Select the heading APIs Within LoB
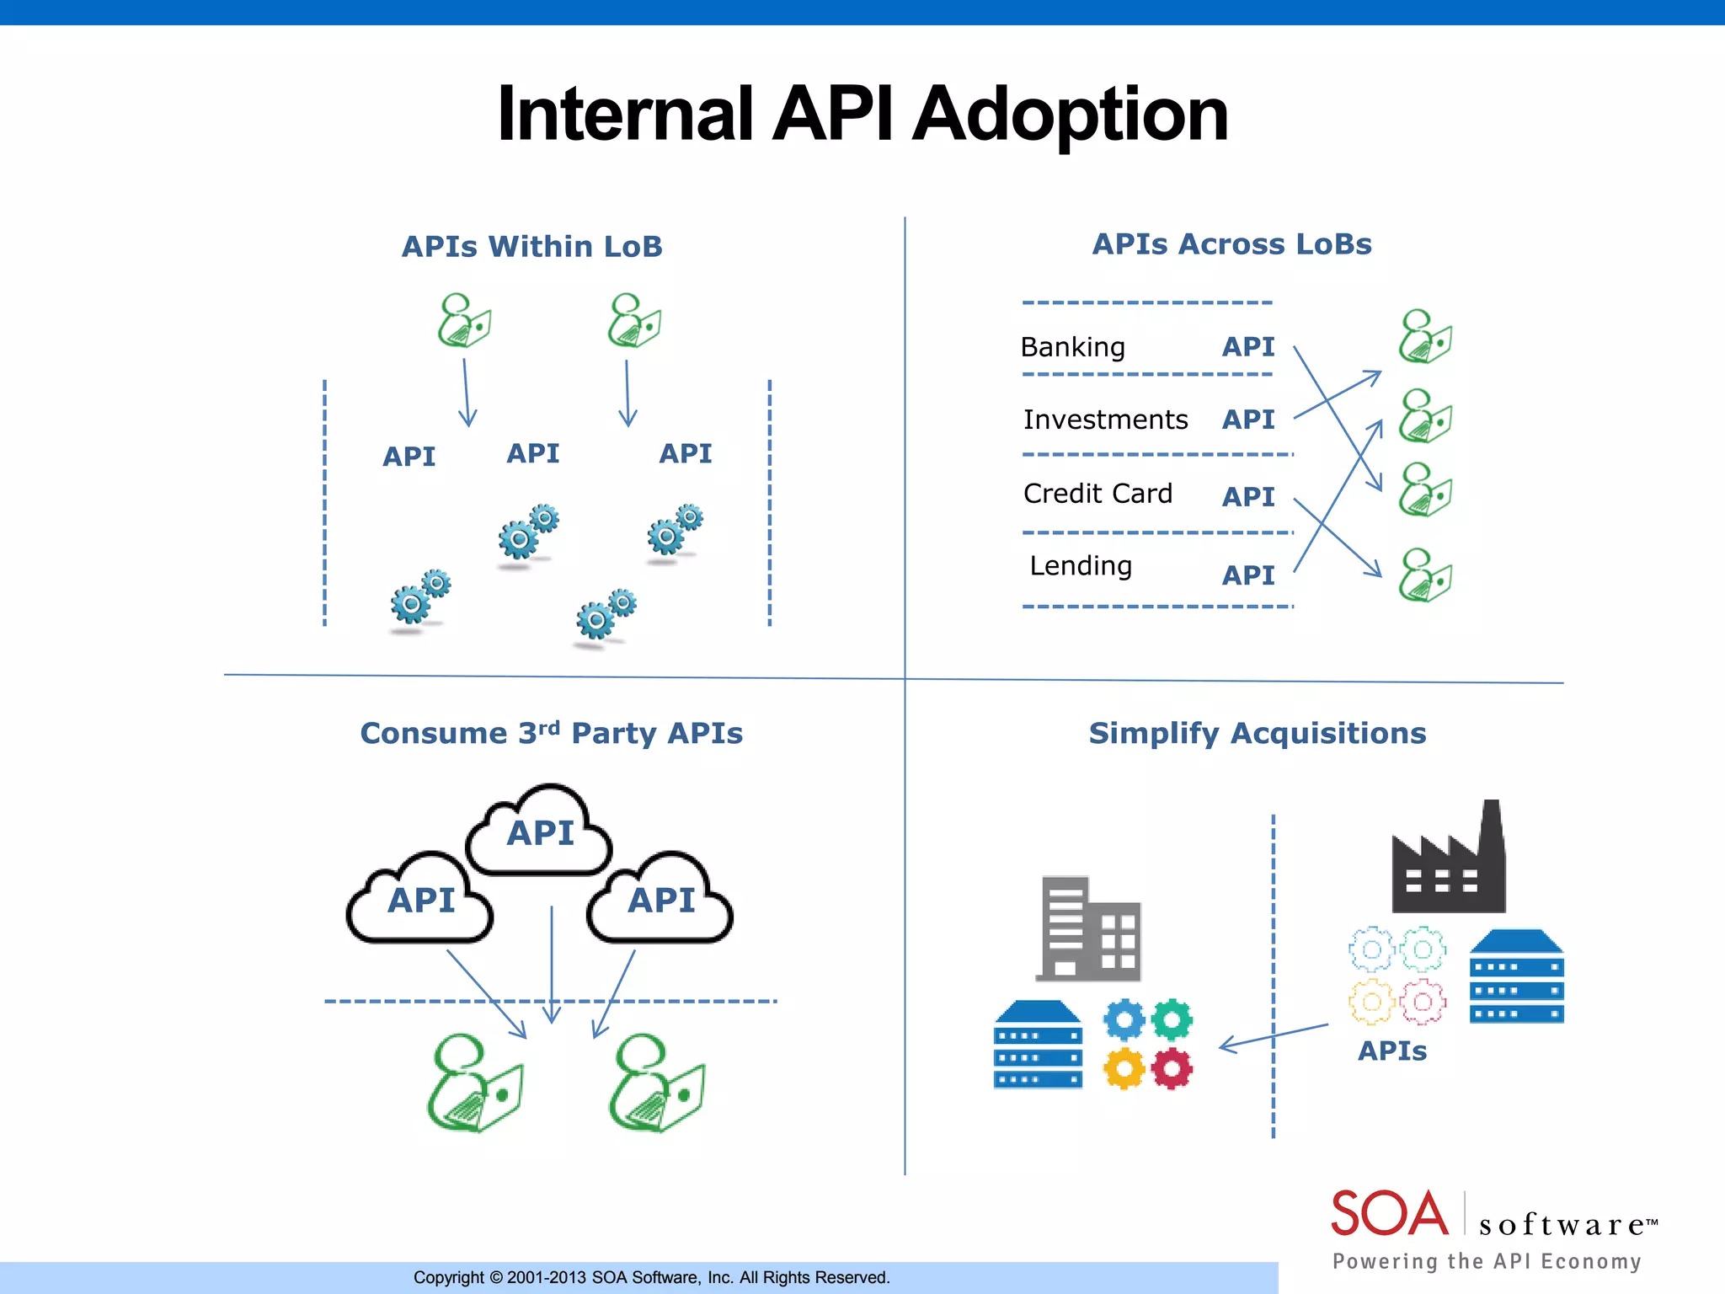pyautogui.click(x=531, y=247)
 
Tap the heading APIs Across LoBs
pyautogui.click(x=1231, y=244)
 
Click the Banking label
pyautogui.click(x=1072, y=347)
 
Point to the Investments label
pyautogui.click(x=1105, y=420)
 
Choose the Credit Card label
pyautogui.click(x=1097, y=493)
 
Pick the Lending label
pyautogui.click(x=1081, y=565)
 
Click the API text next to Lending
pyautogui.click(x=1248, y=575)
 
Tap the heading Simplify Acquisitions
pyautogui.click(x=1257, y=733)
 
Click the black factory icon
pyautogui.click(x=1449, y=864)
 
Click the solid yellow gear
pyautogui.click(x=1124, y=1069)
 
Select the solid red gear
pyautogui.click(x=1172, y=1069)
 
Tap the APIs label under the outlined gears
pyautogui.click(x=1392, y=1051)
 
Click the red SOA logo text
pyautogui.click(x=1389, y=1214)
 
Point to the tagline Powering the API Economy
pyautogui.click(x=1487, y=1261)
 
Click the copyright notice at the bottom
pyautogui.click(x=651, y=1277)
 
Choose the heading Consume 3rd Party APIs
pyautogui.click(x=551, y=733)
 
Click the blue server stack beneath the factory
pyautogui.click(x=1516, y=977)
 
